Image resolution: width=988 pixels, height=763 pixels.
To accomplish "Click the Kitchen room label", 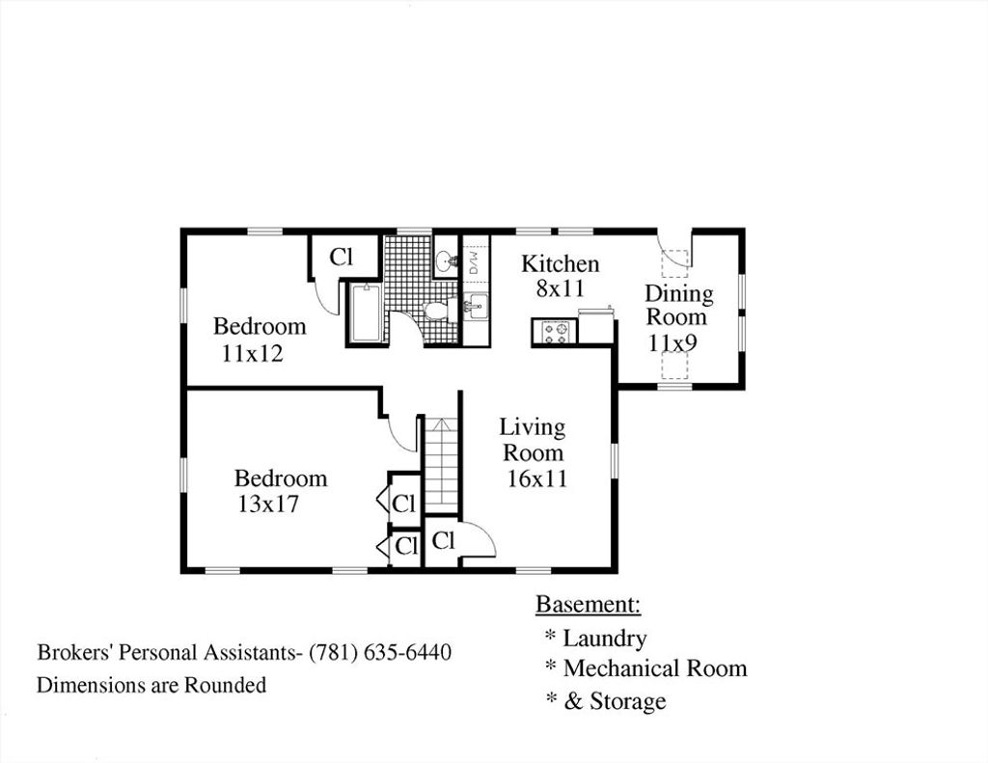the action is pos(561,263).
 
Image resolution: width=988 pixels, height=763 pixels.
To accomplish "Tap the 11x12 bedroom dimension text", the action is pos(252,353).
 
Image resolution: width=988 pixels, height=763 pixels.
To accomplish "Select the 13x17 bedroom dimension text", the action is pos(268,504).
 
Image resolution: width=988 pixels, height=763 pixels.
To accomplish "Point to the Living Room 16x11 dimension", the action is pos(537,478).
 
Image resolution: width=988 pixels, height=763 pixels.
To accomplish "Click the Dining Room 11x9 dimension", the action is pos(672,343).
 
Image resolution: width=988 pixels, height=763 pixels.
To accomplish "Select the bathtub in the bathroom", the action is pos(366,313).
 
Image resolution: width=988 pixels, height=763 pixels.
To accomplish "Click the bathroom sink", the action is pos(446,258).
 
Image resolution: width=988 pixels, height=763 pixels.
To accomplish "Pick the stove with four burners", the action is pos(555,332).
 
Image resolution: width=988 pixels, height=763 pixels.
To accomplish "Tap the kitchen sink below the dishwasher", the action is pos(477,307).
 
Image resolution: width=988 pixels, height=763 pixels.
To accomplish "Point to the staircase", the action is pos(441,465).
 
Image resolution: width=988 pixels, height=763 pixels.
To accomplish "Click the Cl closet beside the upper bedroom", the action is pos(342,257).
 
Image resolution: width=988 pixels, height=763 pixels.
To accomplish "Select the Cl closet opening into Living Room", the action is pos(443,540).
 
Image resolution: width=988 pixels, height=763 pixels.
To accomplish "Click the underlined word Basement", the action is pos(588,604).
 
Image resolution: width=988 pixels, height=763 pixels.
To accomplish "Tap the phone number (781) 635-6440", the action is pos(380,651).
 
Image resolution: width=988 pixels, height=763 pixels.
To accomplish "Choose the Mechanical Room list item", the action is pos(655,668).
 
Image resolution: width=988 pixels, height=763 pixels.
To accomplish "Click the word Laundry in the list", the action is pos(605,639).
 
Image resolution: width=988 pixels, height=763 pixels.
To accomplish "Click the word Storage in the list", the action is pos(627,701).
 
